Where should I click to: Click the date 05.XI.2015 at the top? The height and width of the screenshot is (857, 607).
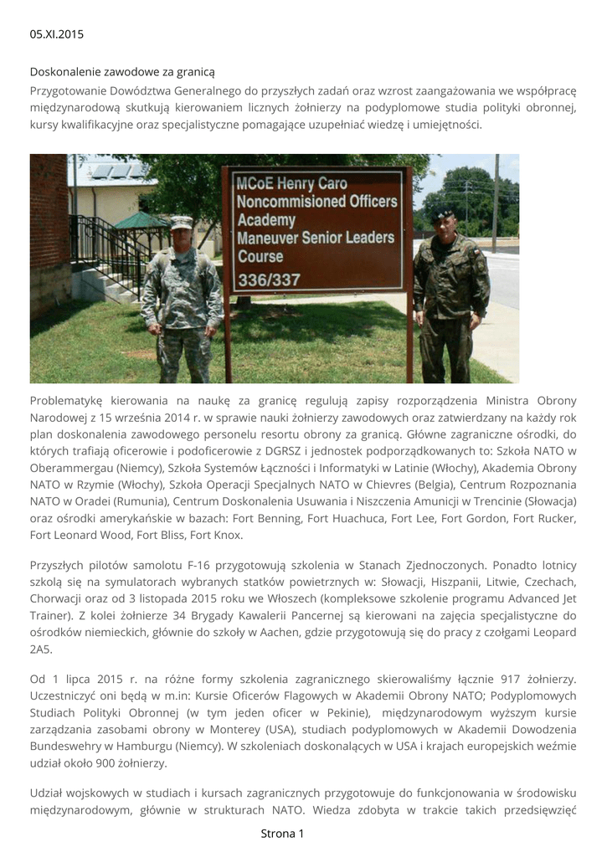point(57,34)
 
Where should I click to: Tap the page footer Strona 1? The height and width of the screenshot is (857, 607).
point(282,834)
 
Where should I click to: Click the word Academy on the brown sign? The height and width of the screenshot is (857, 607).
point(266,220)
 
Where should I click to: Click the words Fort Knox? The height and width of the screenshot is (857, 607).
point(217,536)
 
